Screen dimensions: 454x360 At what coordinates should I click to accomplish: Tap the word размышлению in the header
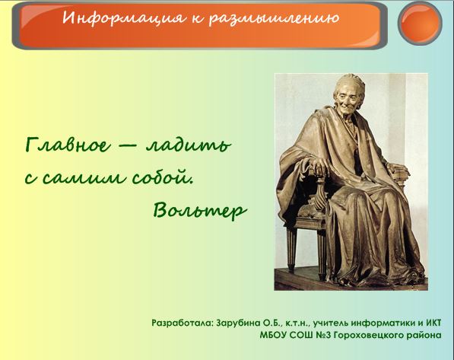[x=274, y=18]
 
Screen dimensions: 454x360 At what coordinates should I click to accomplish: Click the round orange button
[x=420, y=23]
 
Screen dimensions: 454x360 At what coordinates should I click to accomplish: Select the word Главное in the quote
[x=68, y=145]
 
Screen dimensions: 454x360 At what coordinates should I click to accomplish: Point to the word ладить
[x=189, y=145]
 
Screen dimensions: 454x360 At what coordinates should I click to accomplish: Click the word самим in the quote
[x=84, y=177]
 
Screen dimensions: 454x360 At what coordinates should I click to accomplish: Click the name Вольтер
[x=200, y=209]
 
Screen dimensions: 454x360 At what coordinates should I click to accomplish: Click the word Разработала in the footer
[x=183, y=323]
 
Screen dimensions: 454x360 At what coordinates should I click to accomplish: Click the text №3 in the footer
[x=324, y=336]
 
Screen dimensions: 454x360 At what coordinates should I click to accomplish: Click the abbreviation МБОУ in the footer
[x=272, y=336]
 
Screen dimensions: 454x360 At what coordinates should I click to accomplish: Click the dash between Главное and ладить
[x=128, y=147]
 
